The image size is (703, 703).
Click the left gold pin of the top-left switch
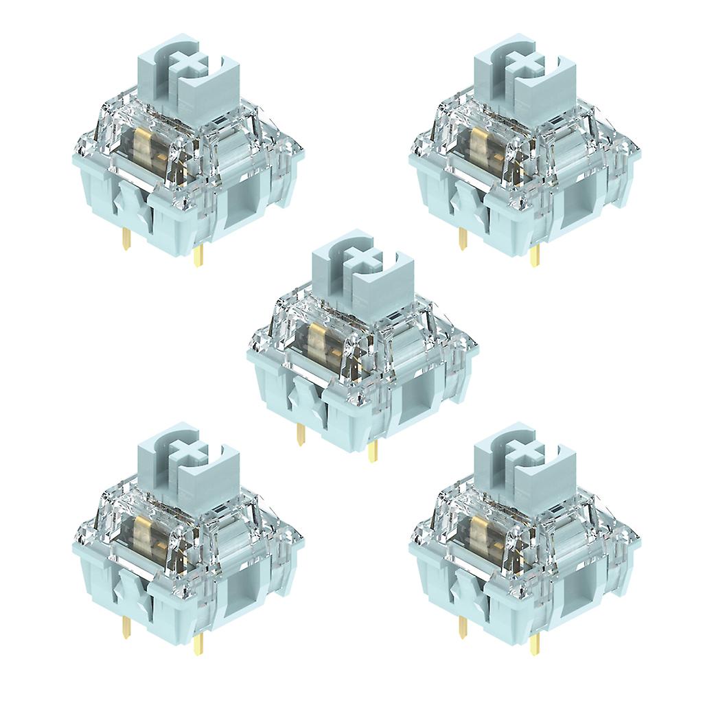pyautogui.click(x=126, y=239)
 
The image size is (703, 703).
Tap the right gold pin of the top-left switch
pyautogui.click(x=198, y=255)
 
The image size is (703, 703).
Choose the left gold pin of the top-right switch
pyautogui.click(x=463, y=239)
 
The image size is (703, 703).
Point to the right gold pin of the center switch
pyautogui.click(x=373, y=450)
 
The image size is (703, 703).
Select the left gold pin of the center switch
pyautogui.click(x=301, y=434)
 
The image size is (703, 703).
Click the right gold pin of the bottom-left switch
pyautogui.click(x=198, y=643)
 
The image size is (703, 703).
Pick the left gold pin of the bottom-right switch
pyautogui.click(x=463, y=627)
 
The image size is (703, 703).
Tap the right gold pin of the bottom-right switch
pyautogui.click(x=535, y=643)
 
